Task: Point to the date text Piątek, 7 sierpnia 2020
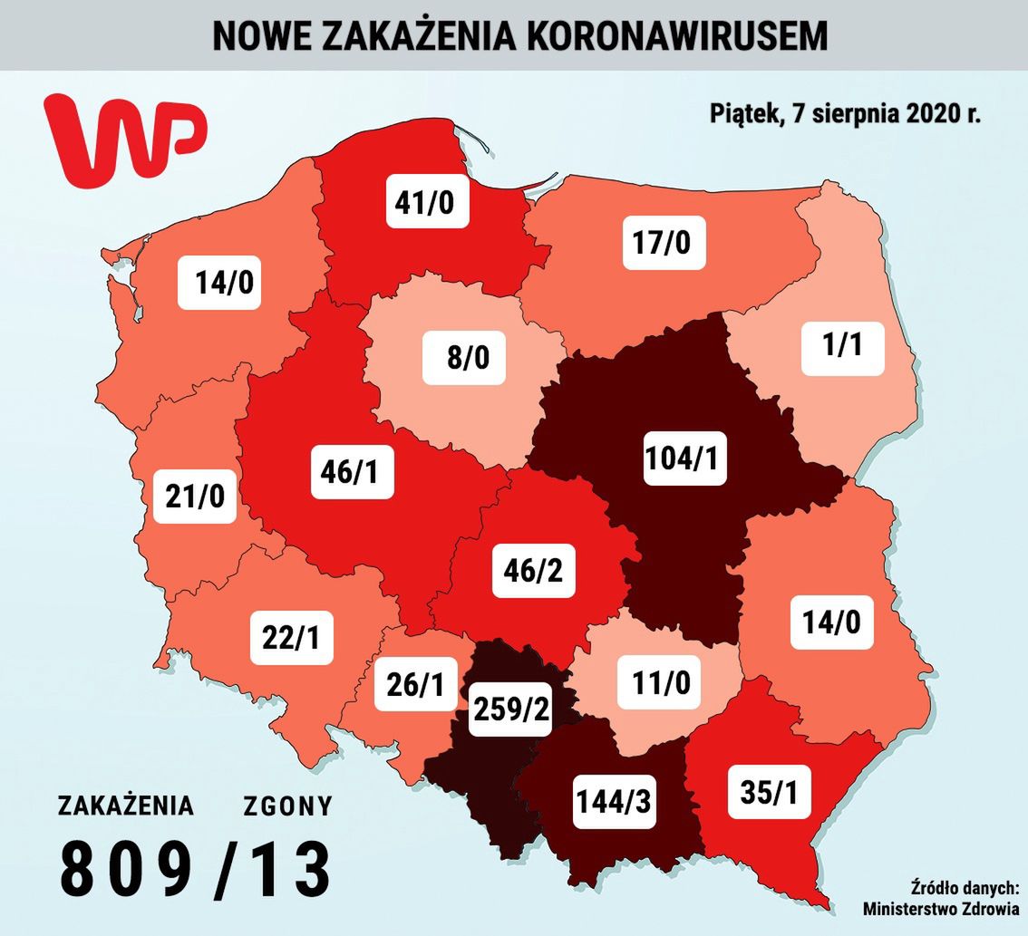point(844,115)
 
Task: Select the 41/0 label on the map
point(424,202)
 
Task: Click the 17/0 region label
point(664,243)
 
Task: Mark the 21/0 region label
point(195,495)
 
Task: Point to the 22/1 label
point(291,638)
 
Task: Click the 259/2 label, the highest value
point(510,710)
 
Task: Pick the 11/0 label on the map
point(659,681)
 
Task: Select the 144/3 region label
point(615,801)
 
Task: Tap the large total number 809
point(126,870)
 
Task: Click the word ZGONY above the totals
point(287,806)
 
